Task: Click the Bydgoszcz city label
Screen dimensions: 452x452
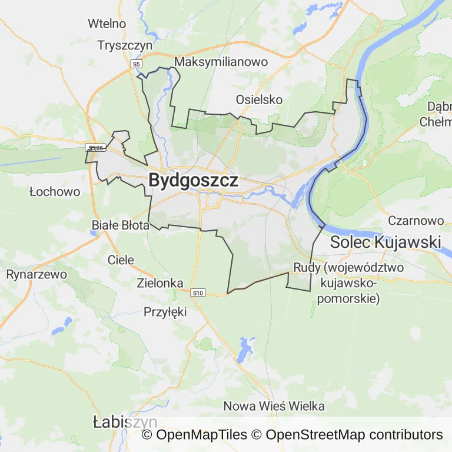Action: coord(193,180)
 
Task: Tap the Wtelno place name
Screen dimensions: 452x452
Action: coord(107,24)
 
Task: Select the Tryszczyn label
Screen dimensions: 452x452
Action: coord(125,45)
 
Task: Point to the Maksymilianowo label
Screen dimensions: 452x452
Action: coord(221,62)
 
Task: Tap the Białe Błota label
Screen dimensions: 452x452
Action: coord(121,225)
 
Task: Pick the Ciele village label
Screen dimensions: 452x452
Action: coord(121,260)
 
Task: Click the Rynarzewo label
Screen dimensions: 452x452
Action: coord(36,274)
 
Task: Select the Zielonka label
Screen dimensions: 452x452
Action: coord(160,283)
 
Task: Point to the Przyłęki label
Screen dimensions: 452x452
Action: coord(165,312)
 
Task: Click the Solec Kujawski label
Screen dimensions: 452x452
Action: coord(385,241)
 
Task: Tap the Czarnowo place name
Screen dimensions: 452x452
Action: coord(416,221)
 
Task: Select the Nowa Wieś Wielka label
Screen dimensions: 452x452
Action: coord(274,406)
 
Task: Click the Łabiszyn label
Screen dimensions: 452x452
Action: coord(125,422)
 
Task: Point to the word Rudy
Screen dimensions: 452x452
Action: coord(307,268)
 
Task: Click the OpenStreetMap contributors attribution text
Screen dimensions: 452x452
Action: coord(354,435)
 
